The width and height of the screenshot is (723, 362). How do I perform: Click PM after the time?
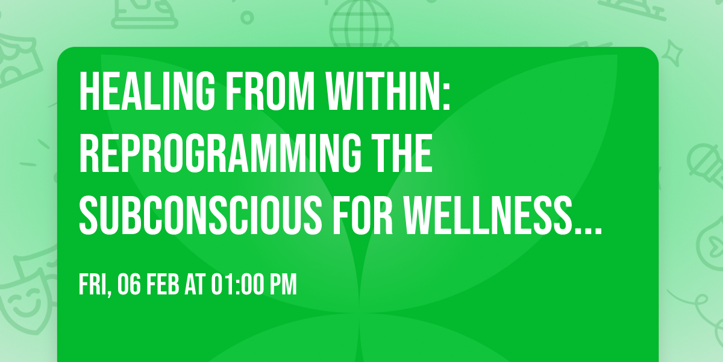point(283,285)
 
